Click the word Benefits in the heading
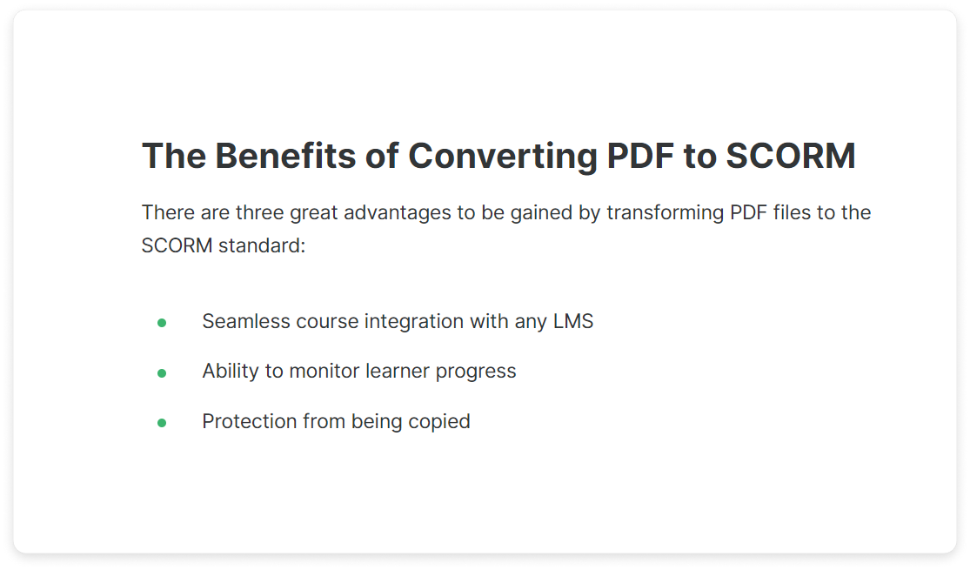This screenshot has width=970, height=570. point(285,156)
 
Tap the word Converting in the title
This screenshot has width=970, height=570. point(503,157)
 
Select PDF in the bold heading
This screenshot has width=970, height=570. point(640,156)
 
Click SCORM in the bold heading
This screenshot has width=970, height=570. point(791,156)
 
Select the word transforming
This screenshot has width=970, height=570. point(665,213)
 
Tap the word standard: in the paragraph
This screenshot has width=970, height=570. point(262,245)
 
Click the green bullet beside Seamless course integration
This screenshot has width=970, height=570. point(162,323)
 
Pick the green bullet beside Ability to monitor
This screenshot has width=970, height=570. point(162,372)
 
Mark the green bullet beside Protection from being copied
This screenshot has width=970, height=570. point(162,423)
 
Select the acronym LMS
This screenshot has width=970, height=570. point(572,321)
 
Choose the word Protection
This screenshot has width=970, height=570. point(250,421)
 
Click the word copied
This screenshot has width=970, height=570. point(439,422)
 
